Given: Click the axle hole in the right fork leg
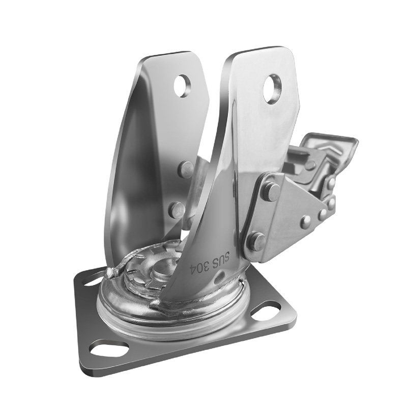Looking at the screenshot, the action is [272, 89].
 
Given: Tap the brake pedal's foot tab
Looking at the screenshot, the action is [330, 143].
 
